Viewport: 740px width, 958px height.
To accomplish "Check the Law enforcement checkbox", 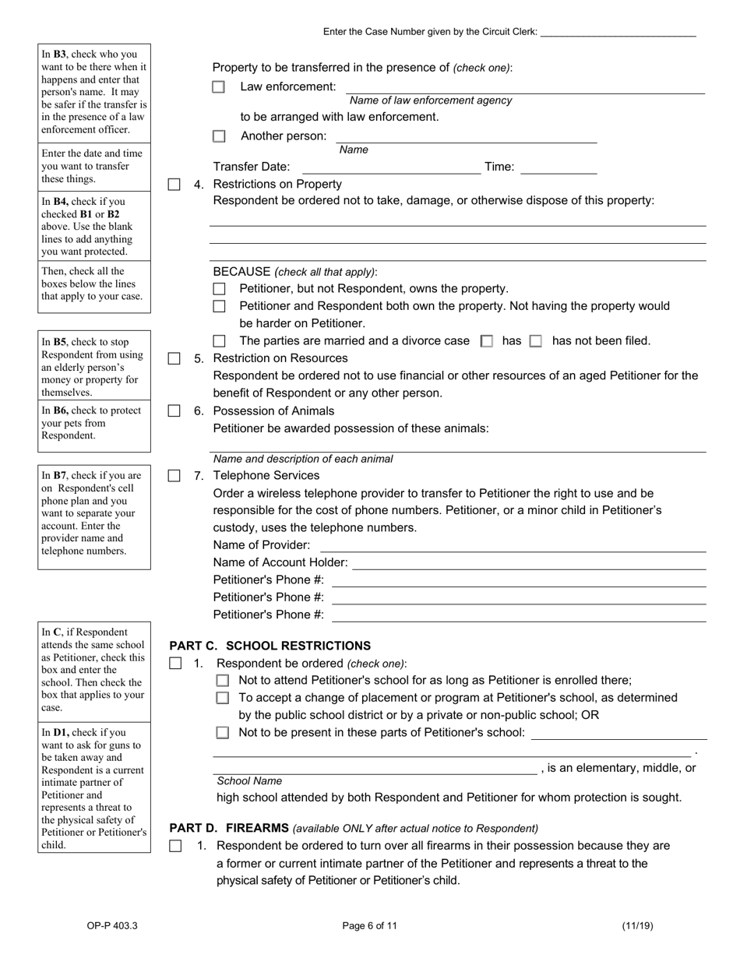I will pos(219,87).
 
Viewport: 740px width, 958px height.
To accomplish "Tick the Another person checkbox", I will pos(219,136).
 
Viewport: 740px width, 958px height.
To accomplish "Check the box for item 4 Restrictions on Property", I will pos(174,185).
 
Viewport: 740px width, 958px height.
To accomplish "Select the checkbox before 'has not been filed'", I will pos(535,341).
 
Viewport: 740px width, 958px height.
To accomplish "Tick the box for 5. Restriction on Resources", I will pos(174,359).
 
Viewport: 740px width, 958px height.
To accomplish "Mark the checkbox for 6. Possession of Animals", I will pos(174,411).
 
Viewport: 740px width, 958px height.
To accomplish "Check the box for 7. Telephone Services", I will pos(174,476).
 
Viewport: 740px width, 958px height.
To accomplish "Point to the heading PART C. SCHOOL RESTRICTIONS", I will pos(270,646).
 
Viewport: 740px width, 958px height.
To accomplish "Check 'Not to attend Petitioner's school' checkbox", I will pos(223,681).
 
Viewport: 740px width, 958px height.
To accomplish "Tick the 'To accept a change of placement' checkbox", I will pos(223,698).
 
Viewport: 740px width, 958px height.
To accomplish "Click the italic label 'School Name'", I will pos(249,781).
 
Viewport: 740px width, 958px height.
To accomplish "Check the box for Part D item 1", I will pos(175,846).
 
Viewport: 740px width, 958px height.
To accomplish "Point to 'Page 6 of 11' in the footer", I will pos(369,926).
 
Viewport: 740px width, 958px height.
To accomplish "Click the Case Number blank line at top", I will pos(618,33).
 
